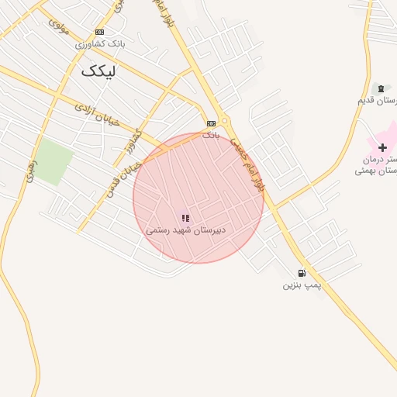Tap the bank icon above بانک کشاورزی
[99, 32]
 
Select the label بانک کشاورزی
[100, 44]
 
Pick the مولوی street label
[59, 26]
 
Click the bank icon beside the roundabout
[211, 123]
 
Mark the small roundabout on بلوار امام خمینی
[225, 120]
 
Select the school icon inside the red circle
[185, 219]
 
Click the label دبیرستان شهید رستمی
[185, 231]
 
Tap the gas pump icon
[302, 273]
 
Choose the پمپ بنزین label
[302, 285]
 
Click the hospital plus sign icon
[381, 147]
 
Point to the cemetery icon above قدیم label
[380, 88]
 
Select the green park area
[53, 161]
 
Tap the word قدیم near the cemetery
[367, 101]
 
